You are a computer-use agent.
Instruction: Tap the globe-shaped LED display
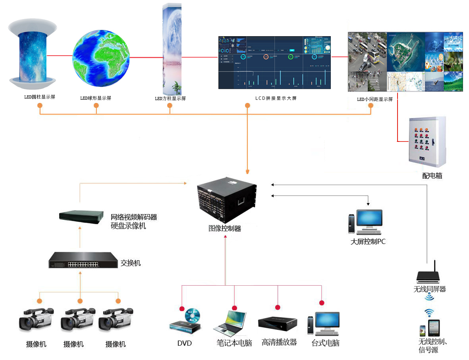point(101,58)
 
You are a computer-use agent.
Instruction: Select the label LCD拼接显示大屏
point(276,98)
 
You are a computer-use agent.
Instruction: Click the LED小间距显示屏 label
point(374,99)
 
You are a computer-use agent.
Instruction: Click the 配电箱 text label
point(432,175)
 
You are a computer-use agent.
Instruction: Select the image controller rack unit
point(227,201)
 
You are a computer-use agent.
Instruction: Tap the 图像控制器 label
point(225,228)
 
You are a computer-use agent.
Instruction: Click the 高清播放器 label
point(279,342)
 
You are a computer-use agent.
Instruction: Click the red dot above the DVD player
point(182,309)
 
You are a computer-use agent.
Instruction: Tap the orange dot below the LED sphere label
point(96,105)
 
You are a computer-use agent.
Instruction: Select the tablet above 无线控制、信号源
point(434,328)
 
